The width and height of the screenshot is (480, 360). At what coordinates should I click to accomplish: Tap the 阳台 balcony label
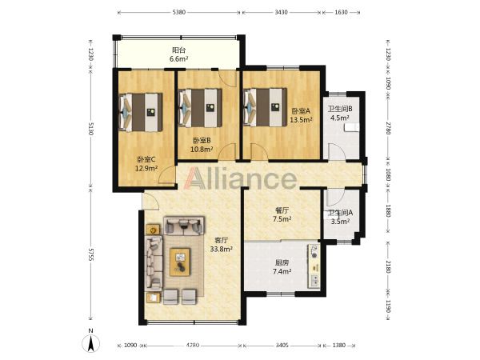tap(178, 50)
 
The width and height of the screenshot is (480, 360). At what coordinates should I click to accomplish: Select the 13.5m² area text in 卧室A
tap(301, 120)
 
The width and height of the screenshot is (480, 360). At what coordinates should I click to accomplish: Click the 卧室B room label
tap(202, 141)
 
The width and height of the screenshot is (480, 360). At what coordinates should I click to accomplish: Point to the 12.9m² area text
tap(146, 168)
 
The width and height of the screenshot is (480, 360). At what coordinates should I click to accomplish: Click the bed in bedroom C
tap(141, 112)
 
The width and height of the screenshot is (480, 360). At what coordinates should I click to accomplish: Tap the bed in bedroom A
tap(265, 107)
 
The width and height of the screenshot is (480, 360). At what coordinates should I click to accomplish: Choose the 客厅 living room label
tap(221, 240)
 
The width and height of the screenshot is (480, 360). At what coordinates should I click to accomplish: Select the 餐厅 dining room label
tap(282, 210)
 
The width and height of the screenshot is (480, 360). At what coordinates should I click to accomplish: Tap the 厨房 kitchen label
tap(282, 263)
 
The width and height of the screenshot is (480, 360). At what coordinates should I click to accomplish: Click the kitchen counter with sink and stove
tap(314, 266)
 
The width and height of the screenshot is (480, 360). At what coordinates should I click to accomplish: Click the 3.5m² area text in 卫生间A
tap(340, 221)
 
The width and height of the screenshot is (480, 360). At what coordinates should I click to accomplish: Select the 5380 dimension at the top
tap(178, 13)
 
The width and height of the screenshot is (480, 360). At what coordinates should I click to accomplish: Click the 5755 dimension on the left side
tap(90, 254)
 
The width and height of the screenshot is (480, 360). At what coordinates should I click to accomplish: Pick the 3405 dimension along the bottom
tap(282, 346)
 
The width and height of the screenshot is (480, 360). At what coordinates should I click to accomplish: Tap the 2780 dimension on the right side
tap(388, 128)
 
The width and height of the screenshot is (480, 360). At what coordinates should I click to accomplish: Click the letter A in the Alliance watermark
tap(197, 178)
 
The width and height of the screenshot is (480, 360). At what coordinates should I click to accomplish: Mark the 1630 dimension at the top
tap(341, 13)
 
